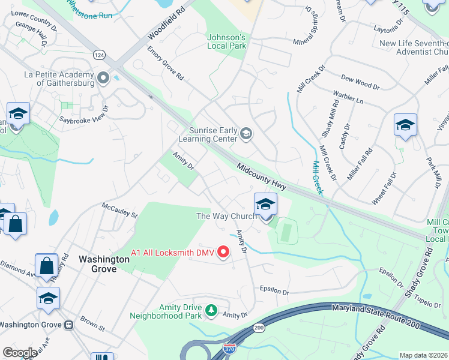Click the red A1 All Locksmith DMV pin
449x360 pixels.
(224, 252)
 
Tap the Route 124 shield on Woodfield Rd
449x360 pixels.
(98, 55)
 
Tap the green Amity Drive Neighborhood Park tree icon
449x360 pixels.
(211, 310)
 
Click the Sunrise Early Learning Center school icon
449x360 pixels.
(246, 133)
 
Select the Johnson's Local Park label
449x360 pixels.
(226, 40)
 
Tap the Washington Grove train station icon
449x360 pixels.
(68, 325)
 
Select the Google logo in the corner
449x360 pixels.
(20, 352)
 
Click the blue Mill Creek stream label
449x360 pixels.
(318, 178)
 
